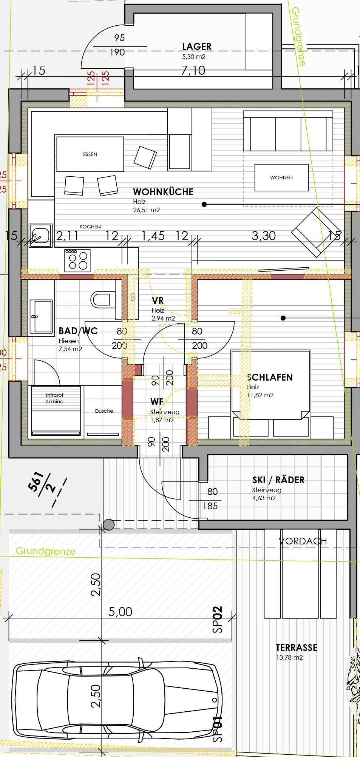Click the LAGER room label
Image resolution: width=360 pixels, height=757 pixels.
[x=197, y=46]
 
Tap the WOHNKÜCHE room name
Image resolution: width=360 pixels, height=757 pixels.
[x=163, y=192]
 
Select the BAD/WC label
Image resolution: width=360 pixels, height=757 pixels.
[x=78, y=331]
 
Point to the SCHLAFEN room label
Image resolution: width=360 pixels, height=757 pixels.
[x=270, y=377]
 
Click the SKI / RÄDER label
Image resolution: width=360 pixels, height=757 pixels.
[x=278, y=480]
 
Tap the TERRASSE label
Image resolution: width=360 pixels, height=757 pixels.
[x=297, y=648]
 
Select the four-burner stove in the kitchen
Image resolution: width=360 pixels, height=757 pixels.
[x=77, y=260]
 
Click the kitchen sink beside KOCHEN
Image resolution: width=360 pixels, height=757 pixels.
[x=40, y=236]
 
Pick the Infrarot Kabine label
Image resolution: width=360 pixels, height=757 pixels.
[x=55, y=398]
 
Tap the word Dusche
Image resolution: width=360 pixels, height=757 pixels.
[x=104, y=411]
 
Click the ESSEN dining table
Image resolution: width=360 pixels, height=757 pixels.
[x=90, y=154]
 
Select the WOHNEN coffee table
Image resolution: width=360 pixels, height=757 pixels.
[x=281, y=177]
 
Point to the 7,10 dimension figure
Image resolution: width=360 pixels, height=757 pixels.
[x=193, y=70]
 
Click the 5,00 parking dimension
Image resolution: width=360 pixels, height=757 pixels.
[x=120, y=612]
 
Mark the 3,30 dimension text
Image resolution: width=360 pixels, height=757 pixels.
[x=264, y=236]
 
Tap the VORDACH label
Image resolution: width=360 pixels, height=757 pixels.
[x=303, y=541]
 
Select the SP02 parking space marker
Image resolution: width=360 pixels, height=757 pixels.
[x=218, y=620]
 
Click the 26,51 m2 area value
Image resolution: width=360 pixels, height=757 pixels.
[x=146, y=210]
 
